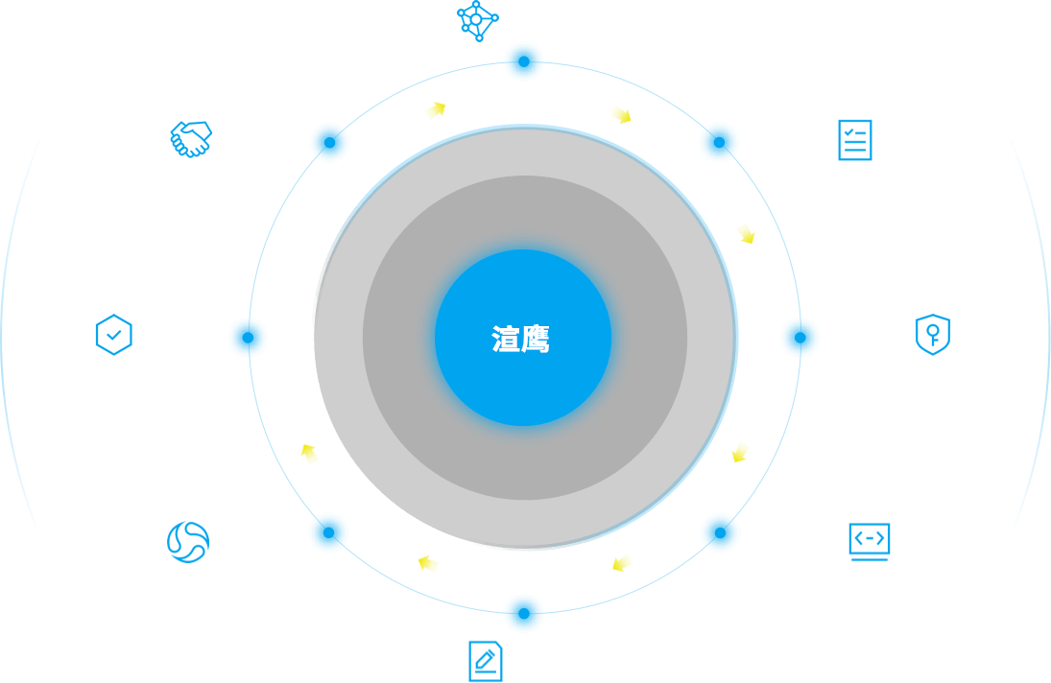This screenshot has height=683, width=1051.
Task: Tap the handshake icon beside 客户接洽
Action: point(190,139)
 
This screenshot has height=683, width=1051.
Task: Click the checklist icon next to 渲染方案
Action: point(854,140)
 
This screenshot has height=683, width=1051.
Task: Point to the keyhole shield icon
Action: point(932,334)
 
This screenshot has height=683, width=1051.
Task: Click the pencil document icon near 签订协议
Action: point(486,660)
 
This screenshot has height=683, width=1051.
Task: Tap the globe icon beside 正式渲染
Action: point(187,542)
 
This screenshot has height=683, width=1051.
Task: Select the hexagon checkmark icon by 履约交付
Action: point(113,334)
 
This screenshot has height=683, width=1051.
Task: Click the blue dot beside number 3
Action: point(719,142)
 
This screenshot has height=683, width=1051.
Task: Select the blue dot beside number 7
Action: point(328,532)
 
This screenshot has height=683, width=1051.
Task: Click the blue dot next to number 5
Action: point(720,532)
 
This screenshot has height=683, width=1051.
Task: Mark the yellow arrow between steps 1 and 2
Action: point(436,110)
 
